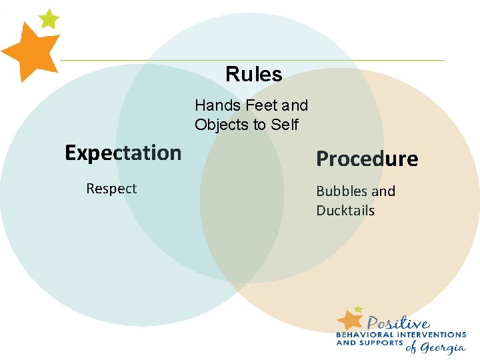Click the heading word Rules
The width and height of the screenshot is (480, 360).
click(x=253, y=74)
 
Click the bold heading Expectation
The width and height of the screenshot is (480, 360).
click(x=123, y=153)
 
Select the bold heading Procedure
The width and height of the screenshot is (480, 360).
click(x=367, y=159)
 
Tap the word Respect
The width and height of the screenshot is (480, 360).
click(x=111, y=189)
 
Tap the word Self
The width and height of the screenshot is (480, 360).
click(x=285, y=125)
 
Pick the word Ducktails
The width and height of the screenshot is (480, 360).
click(x=345, y=211)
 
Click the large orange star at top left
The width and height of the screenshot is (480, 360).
click(x=29, y=52)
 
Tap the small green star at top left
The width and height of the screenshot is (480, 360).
click(x=49, y=19)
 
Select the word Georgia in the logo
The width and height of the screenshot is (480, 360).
click(x=443, y=347)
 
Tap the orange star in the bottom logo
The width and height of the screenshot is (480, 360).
click(x=351, y=319)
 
